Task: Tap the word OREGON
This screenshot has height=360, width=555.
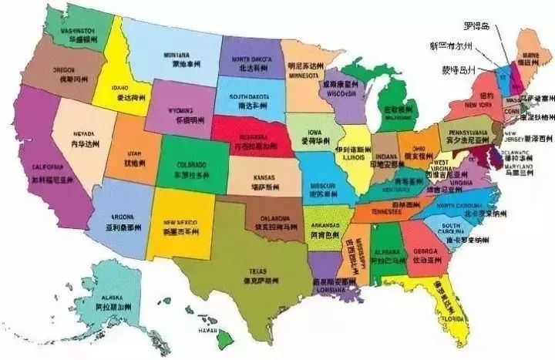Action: coord(63,69)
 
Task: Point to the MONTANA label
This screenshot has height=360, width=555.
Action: coord(177,55)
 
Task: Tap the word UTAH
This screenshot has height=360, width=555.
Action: coord(134,154)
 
